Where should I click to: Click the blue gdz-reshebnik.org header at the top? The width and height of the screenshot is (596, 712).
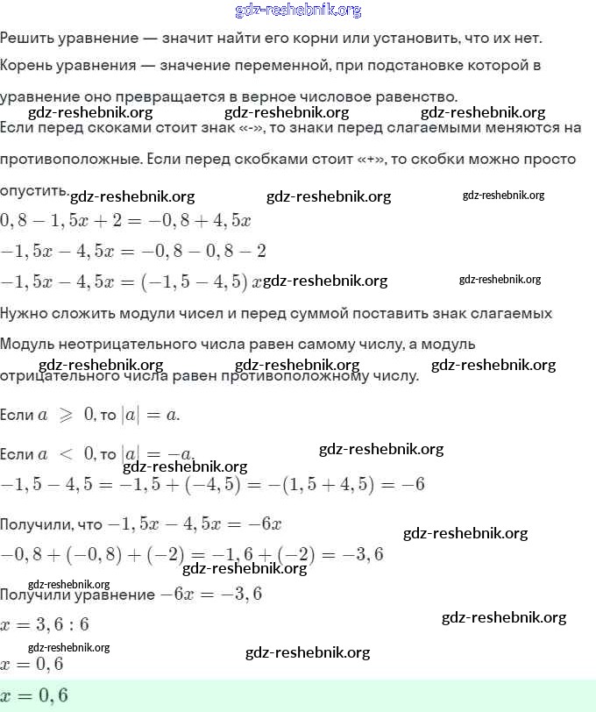point(298,11)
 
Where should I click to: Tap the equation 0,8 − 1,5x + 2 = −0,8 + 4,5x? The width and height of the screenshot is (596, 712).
point(126,220)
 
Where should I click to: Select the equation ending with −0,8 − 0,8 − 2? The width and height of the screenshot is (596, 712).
point(133,251)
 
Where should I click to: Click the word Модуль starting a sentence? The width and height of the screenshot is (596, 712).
point(27,344)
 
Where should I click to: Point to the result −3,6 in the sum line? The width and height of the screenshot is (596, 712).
point(366,555)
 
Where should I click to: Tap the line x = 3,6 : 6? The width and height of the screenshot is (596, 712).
point(45,625)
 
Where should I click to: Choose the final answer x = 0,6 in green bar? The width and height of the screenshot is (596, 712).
point(34,695)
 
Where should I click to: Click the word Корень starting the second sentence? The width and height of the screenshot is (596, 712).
point(26,66)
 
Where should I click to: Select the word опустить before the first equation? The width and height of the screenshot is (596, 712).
point(32,190)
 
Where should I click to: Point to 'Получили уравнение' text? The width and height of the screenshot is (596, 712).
point(78,595)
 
